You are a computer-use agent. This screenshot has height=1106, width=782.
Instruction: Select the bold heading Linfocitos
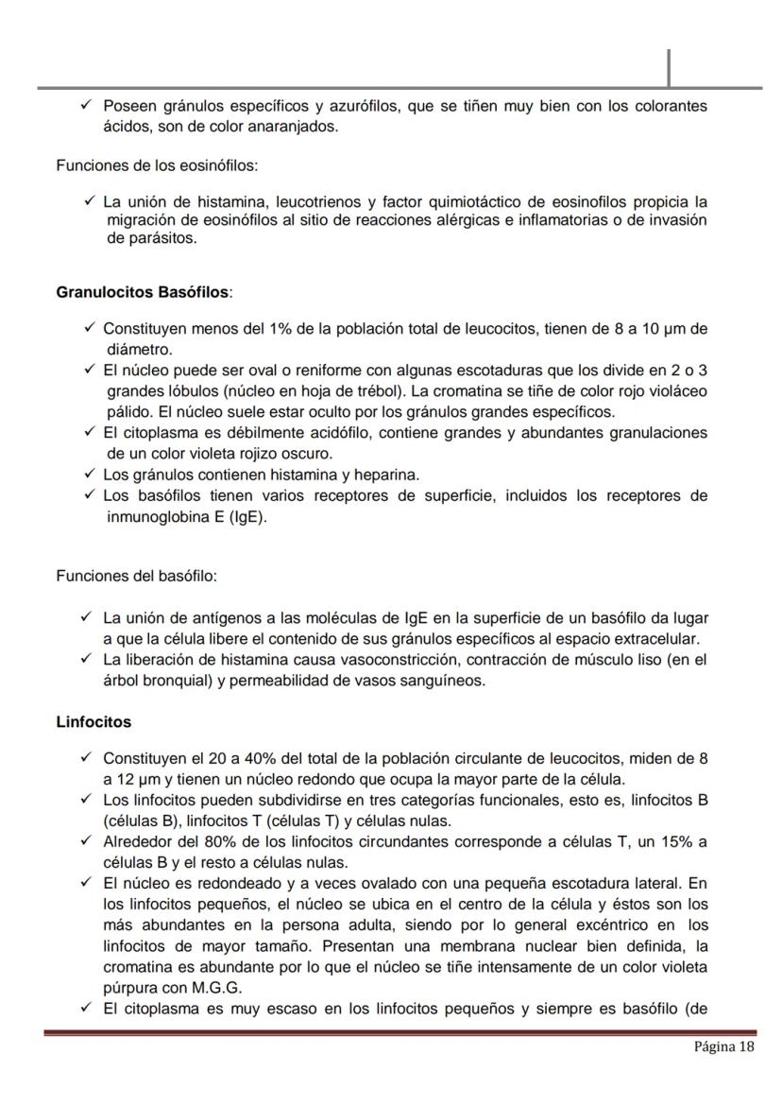pyautogui.click(x=93, y=722)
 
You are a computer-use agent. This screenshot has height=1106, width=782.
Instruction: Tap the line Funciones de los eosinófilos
pyautogui.click(x=157, y=165)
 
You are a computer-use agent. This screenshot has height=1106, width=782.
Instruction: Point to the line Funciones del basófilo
pyautogui.click(x=137, y=576)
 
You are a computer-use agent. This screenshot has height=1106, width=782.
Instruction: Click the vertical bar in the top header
pyautogui.click(x=669, y=67)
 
